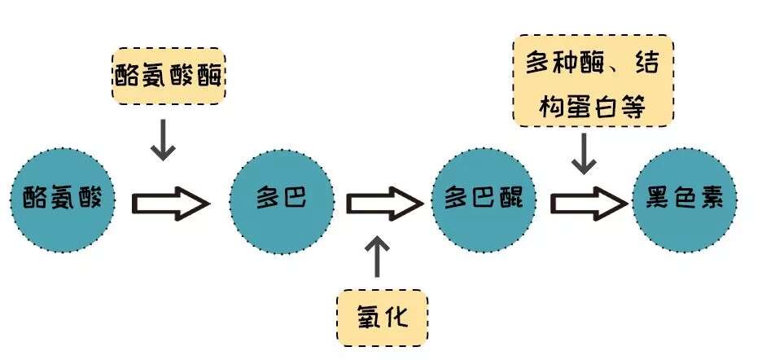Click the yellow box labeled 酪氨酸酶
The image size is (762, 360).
167,76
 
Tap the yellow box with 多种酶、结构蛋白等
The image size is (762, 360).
593,81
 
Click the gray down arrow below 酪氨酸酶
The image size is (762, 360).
164,139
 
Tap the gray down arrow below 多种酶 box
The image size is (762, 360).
583,154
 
